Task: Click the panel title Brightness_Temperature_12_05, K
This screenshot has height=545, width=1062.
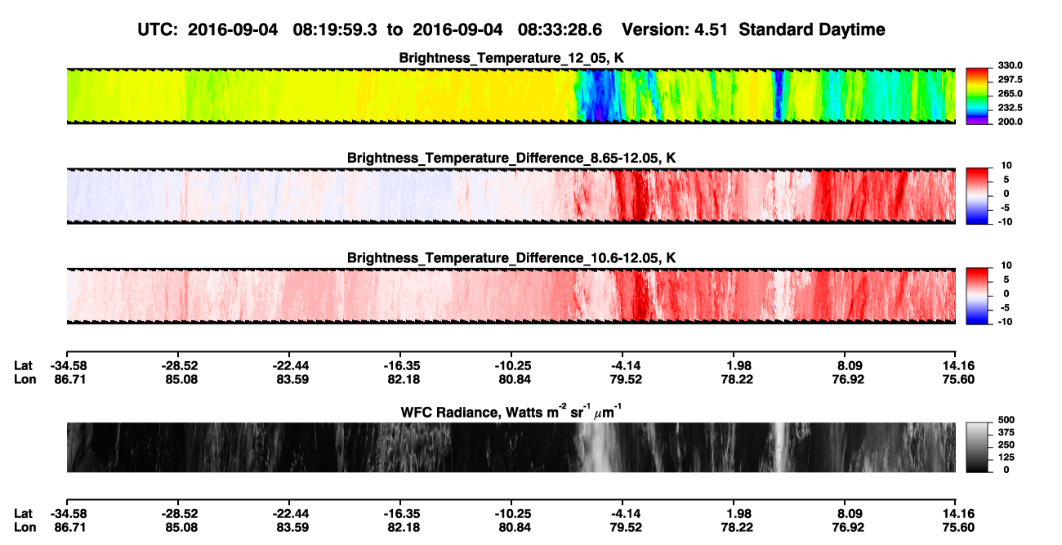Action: tap(511, 58)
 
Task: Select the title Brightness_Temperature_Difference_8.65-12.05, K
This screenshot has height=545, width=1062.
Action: tap(511, 158)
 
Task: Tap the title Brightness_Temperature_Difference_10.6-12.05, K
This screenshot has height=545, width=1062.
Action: tap(511, 258)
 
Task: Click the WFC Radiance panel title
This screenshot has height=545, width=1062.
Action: tap(511, 411)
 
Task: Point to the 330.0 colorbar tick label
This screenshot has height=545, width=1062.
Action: tap(1010, 65)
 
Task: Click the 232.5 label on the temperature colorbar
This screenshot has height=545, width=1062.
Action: tap(1010, 108)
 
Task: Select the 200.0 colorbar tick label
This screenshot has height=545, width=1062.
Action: tap(1010, 122)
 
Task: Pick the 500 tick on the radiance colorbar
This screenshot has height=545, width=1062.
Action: tap(1006, 420)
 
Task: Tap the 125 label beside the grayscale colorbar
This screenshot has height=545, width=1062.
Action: tap(1006, 458)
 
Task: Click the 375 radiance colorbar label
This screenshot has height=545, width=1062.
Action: tap(1006, 432)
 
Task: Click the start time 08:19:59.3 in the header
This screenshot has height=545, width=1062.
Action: tap(335, 29)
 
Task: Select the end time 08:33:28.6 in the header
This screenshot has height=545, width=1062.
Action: tap(560, 29)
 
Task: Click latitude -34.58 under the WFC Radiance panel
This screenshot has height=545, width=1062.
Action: tap(69, 514)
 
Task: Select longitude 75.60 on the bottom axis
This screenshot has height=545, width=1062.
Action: tap(958, 528)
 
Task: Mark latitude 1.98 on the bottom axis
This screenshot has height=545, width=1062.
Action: tap(737, 514)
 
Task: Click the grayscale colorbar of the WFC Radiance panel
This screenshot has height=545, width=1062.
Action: tap(977, 447)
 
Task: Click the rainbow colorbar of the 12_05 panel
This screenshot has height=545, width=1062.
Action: tap(977, 96)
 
